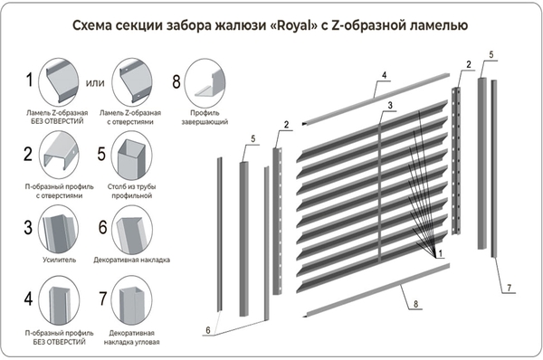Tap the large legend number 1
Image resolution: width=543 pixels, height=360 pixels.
(30, 80)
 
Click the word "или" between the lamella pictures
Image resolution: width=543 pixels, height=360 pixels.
(95, 83)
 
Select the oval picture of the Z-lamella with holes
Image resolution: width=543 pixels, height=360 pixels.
(131, 82)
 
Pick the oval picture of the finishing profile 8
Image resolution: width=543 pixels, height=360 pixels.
(205, 82)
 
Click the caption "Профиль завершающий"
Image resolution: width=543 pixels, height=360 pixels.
(205, 118)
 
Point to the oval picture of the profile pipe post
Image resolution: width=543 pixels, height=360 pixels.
(131, 155)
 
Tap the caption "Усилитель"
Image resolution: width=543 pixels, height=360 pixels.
(59, 260)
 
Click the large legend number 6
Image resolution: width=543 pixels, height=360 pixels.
(103, 227)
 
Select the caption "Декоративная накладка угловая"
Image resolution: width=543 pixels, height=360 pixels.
(131, 337)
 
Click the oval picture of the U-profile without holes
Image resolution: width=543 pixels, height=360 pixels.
(59, 300)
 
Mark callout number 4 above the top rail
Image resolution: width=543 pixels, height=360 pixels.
(385, 75)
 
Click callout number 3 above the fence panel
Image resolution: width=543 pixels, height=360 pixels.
(390, 105)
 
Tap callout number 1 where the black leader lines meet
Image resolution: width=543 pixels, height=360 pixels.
(440, 254)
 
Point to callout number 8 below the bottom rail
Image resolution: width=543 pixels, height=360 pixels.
(415, 304)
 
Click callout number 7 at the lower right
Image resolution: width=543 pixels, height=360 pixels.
(509, 288)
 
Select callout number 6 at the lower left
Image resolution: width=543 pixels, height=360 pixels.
(208, 330)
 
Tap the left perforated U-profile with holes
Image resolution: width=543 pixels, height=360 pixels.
(278, 221)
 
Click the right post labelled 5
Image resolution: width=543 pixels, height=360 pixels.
(482, 164)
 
